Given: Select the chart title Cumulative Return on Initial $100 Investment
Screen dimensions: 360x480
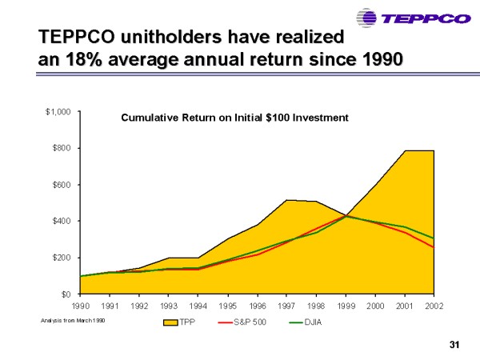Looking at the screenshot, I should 234,118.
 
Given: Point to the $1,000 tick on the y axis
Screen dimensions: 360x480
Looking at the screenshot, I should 58,112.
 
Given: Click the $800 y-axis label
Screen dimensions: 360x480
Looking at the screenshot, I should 61,148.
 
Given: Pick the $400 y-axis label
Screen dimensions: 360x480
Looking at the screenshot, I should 61,221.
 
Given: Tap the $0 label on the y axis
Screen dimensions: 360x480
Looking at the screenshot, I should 66,294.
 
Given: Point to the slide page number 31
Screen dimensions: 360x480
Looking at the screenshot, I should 456,345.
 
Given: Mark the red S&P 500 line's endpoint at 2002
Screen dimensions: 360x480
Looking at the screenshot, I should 434,247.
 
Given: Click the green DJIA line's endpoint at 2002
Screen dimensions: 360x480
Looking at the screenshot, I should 434,238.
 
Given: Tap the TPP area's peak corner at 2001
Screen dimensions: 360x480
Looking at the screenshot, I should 404,150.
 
